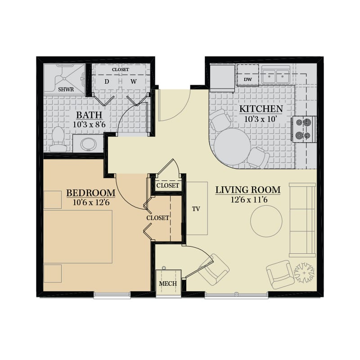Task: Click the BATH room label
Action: point(89,115)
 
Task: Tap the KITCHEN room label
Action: point(261,109)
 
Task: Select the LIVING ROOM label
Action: point(248,190)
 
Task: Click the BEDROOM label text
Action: point(91,193)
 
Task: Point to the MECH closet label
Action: point(168,283)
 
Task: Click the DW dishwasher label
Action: point(248,80)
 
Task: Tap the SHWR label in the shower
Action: point(66,90)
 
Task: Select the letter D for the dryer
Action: point(107,81)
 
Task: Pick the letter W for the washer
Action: point(134,81)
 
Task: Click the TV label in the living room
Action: point(196,209)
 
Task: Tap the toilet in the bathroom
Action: point(58,139)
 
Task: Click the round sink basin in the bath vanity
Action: point(88,144)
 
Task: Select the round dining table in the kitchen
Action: point(232,147)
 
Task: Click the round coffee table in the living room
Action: point(266,221)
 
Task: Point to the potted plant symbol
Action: point(304,273)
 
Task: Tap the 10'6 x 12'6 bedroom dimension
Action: point(91,202)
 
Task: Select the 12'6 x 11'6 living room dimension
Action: point(249,199)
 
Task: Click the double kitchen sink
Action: point(276,75)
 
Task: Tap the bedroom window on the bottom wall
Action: point(112,295)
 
